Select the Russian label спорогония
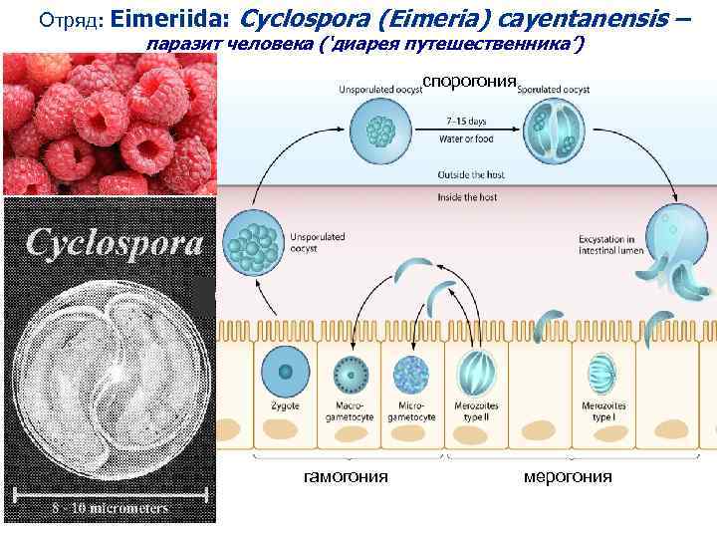coord(469,81)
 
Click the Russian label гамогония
coord(346,476)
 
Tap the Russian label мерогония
coord(569,476)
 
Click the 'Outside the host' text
coord(470,174)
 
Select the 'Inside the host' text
coord(467,198)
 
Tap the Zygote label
coord(285,406)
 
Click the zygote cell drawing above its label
coord(285,371)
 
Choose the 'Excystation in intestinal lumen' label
coord(606,244)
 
